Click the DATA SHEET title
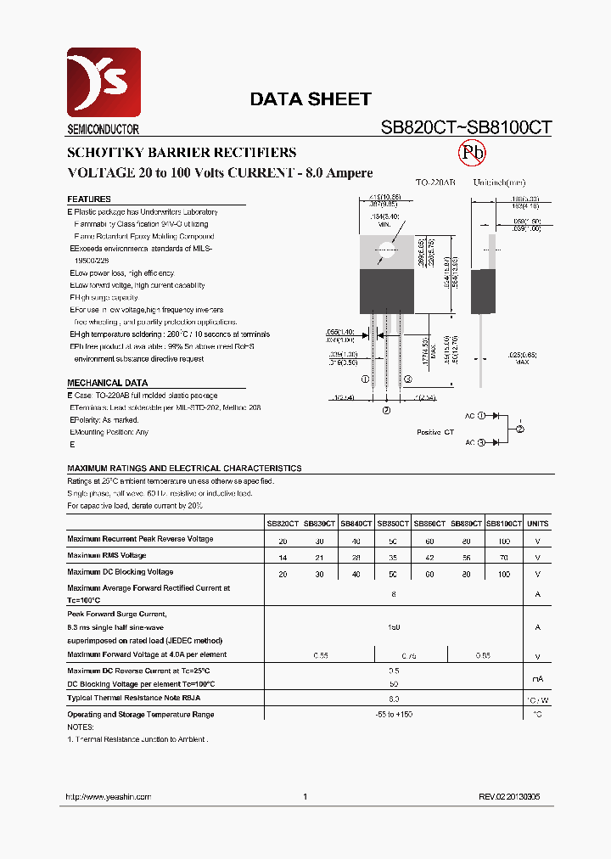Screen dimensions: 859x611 click(x=310, y=99)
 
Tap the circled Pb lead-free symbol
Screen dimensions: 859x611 click(x=472, y=153)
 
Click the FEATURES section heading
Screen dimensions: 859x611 click(x=89, y=199)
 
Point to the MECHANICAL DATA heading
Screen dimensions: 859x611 click(x=107, y=383)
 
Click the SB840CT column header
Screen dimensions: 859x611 click(x=357, y=525)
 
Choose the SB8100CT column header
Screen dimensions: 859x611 click(x=504, y=525)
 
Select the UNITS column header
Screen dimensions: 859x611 click(x=538, y=525)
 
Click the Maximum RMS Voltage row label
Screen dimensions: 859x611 click(x=107, y=555)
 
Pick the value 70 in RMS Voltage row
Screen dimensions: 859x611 click(x=504, y=557)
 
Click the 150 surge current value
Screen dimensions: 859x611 click(x=393, y=626)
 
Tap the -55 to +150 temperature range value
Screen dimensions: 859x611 click(x=393, y=715)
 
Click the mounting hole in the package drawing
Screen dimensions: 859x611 click(x=388, y=250)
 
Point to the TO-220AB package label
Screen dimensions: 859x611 click(x=435, y=182)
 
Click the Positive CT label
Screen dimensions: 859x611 click(x=435, y=432)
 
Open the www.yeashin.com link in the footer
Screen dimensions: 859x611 click(x=108, y=797)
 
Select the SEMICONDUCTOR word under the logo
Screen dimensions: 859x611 click(x=103, y=130)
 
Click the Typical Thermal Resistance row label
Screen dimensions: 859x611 click(x=134, y=698)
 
